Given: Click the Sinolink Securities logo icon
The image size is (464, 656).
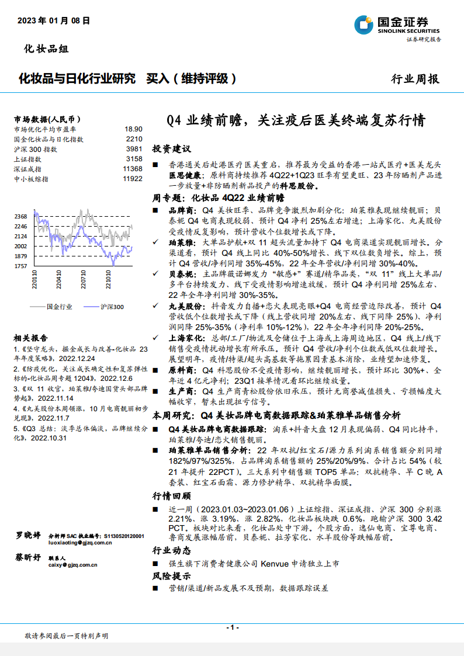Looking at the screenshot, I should pos(364,25).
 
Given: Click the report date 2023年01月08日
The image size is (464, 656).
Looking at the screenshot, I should pos(54,20).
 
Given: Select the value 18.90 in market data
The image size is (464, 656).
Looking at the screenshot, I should pos(133,129).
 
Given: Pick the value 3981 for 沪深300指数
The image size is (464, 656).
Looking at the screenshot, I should pos(134,149).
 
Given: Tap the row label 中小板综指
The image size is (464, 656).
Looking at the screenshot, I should pos(31,179).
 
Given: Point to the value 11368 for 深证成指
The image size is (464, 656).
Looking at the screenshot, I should pos(133,169).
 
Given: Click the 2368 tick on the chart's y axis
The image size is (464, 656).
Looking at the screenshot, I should pos(21,217).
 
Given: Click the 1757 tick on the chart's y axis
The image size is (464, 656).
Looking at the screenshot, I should pos(21,266).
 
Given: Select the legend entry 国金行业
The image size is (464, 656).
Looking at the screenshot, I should pos(59,306).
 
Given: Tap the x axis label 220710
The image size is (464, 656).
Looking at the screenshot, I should pos(84,279).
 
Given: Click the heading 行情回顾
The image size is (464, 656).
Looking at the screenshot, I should pos(171,496).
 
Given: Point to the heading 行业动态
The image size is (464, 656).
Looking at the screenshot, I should pos(171,550).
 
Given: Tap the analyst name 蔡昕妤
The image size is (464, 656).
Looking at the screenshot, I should pos(28,557).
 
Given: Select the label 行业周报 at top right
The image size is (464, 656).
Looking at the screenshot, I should pos(414,79).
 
